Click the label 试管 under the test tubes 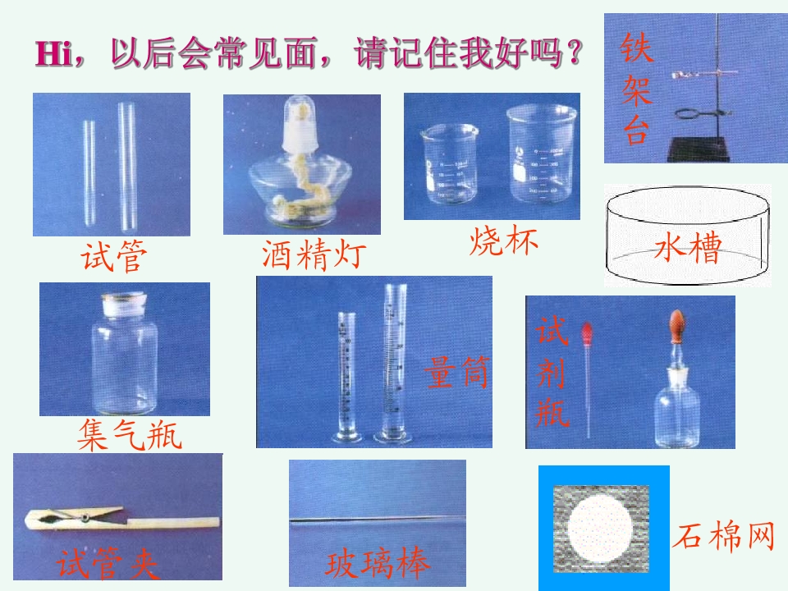point(114,256)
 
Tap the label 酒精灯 point(314,255)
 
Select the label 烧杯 point(503,241)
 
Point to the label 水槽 point(688,247)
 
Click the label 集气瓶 point(130,435)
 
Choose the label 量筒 point(457,372)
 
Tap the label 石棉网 point(724,536)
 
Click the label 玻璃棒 point(378,563)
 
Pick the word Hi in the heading point(54,53)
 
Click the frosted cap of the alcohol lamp point(300,124)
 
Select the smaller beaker point(448,164)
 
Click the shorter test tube point(89,173)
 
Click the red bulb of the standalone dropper point(586,332)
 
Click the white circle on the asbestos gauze point(599,528)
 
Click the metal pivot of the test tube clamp point(86,517)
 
